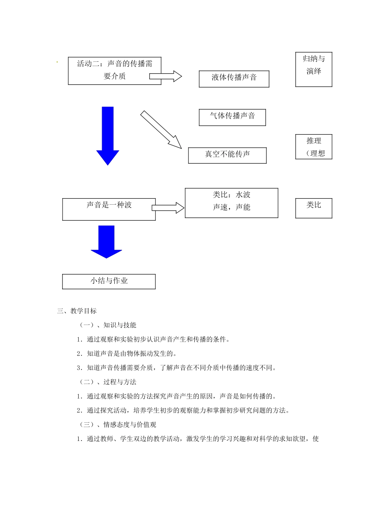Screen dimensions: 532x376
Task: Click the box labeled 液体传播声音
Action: click(234, 79)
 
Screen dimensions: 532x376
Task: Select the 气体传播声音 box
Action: click(232, 117)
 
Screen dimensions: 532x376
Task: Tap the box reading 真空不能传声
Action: click(227, 155)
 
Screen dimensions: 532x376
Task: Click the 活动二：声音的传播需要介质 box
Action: click(114, 70)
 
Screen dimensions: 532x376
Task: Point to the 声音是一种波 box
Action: click(109, 209)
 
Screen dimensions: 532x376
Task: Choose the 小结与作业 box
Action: click(109, 281)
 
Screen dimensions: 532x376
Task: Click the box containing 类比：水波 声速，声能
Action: click(232, 203)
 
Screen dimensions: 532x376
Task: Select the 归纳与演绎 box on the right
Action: click(313, 69)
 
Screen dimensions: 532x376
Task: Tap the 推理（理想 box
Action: click(313, 147)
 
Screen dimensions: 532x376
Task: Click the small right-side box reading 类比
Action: click(313, 208)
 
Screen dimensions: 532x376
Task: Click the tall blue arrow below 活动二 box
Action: click(108, 135)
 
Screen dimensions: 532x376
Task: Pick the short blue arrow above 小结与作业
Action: click(106, 241)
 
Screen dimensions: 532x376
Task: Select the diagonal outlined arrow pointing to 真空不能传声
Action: click(161, 129)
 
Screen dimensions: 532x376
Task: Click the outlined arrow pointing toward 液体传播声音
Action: click(165, 76)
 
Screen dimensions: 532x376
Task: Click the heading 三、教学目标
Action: click(77, 311)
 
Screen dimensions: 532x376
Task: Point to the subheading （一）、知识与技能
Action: click(108, 325)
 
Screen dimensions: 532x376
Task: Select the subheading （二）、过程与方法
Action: click(108, 382)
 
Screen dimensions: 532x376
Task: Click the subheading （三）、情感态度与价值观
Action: click(118, 425)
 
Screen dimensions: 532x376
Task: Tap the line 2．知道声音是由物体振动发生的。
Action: click(127, 354)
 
